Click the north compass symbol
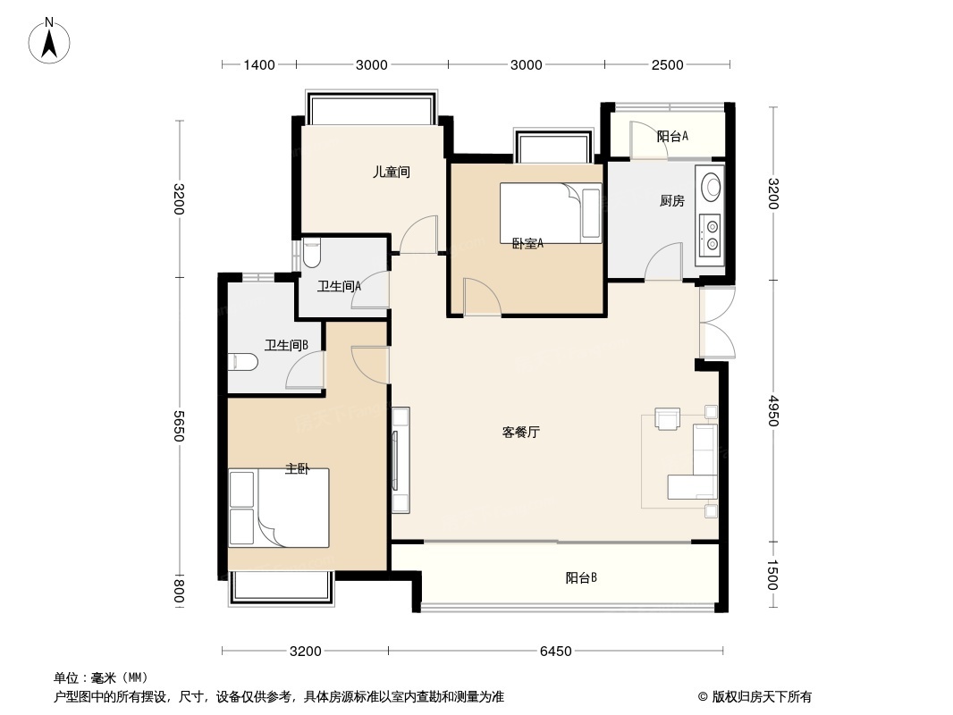[51, 40]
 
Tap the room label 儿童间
[391, 172]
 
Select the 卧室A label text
[527, 243]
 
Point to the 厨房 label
[671, 201]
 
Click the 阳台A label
[672, 137]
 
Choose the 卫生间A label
[339, 287]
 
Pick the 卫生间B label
[286, 345]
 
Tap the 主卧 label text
[297, 469]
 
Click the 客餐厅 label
[520, 433]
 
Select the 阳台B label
[581, 578]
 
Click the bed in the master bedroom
[279, 508]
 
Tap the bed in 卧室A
[551, 213]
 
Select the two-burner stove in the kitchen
[712, 232]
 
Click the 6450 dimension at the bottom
[555, 652]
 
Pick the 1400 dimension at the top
[259, 64]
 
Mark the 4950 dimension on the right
[772, 412]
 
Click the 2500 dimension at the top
[667, 64]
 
